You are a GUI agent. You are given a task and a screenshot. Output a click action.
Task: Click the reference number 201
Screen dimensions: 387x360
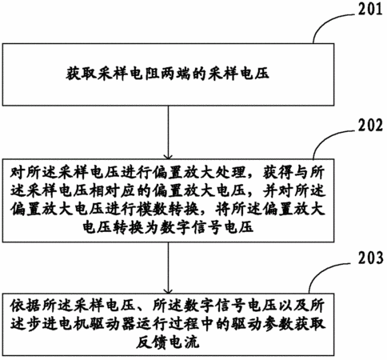[x=370, y=9]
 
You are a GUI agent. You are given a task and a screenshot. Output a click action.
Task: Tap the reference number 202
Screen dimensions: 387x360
[x=370, y=125]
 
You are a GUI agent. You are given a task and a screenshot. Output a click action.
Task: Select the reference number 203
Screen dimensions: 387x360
[x=370, y=258]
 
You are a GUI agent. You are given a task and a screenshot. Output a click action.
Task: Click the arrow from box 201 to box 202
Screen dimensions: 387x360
[x=168, y=133]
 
